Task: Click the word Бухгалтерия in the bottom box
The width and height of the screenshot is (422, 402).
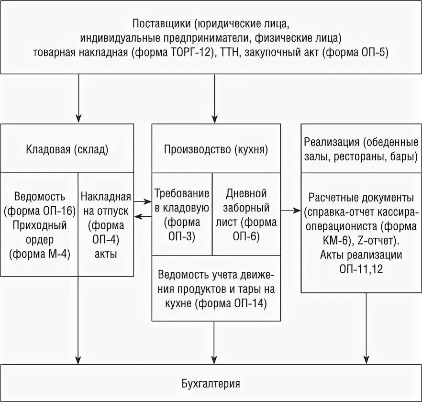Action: [x=211, y=383]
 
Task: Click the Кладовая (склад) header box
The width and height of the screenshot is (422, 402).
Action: [x=67, y=149]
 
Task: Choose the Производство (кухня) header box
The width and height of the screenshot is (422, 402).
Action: [x=216, y=149]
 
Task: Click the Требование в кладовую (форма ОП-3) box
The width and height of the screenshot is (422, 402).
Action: [x=182, y=214]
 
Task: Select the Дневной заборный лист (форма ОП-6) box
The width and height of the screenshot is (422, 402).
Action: [x=246, y=214]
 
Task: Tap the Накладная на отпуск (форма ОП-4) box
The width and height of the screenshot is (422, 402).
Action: [x=106, y=225]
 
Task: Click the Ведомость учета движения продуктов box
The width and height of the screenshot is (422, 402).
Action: [x=216, y=289]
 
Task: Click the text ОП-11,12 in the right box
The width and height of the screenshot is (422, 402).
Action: [x=361, y=269]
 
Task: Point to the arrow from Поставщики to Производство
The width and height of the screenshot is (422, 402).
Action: [x=214, y=99]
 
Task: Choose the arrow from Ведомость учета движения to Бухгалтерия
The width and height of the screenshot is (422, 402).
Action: [x=214, y=342]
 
